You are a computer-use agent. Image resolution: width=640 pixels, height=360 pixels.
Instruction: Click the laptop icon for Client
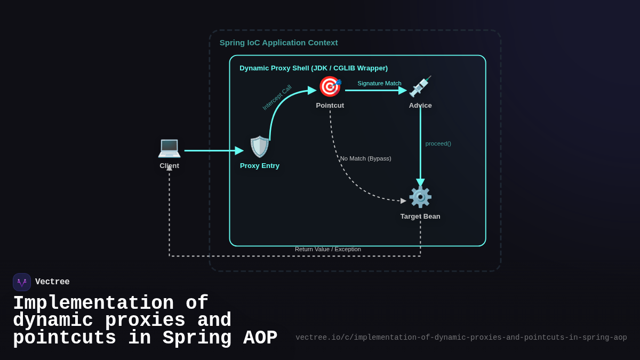(x=169, y=147)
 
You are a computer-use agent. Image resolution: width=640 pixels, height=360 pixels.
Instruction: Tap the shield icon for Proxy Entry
(x=260, y=147)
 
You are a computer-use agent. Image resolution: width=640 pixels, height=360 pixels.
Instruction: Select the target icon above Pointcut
(x=330, y=86)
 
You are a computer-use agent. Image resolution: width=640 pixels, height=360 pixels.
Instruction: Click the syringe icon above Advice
(x=420, y=86)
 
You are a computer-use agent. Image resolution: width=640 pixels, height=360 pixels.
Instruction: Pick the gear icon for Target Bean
(x=420, y=197)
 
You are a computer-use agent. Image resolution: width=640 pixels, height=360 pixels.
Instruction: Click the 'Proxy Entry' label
(x=260, y=166)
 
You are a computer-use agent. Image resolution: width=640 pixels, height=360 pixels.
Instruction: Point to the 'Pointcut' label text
(x=330, y=106)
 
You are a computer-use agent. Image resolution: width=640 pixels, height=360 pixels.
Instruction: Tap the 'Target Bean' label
(x=420, y=217)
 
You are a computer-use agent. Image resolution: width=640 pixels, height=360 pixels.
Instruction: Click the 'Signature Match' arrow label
(x=379, y=83)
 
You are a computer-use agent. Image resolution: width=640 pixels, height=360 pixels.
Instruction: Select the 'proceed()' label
(x=438, y=143)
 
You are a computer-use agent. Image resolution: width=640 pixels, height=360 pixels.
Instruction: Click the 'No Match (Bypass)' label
(x=365, y=158)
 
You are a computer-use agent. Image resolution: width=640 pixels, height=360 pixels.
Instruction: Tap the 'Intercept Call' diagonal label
(x=277, y=98)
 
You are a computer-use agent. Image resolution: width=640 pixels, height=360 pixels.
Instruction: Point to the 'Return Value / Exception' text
(x=328, y=249)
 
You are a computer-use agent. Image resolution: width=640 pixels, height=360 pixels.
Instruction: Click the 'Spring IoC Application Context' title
(x=278, y=43)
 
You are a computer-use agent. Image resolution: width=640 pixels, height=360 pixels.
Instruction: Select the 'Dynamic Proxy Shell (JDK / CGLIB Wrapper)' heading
(x=314, y=68)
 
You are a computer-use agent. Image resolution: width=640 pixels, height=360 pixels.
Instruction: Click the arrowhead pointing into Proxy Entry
(x=239, y=151)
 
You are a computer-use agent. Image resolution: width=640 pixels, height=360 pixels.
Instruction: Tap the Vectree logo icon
(x=22, y=282)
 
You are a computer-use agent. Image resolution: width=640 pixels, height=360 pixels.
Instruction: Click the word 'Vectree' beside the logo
(x=52, y=282)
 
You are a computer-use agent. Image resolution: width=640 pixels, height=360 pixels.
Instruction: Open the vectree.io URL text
(x=461, y=338)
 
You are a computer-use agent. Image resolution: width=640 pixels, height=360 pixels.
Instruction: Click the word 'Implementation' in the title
(x=93, y=303)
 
